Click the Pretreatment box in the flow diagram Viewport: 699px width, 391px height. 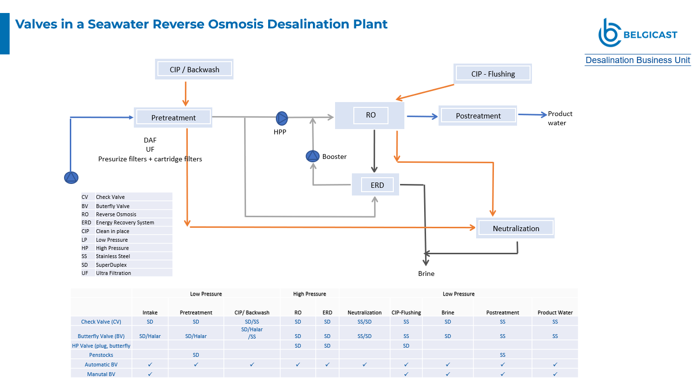(x=173, y=117)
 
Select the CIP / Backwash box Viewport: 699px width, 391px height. (x=194, y=69)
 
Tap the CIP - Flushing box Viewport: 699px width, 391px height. (x=493, y=74)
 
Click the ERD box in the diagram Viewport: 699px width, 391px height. (x=375, y=185)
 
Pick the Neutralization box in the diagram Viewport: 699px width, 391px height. (x=515, y=228)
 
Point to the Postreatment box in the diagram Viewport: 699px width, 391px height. (x=478, y=116)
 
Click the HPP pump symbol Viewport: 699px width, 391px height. (x=282, y=118)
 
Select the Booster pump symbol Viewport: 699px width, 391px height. (x=312, y=156)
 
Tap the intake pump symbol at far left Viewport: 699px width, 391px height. (x=71, y=178)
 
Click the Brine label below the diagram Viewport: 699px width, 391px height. (x=426, y=274)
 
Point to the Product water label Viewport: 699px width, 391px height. (x=560, y=118)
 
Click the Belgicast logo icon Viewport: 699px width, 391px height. (x=609, y=33)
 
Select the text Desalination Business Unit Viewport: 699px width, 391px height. (x=637, y=60)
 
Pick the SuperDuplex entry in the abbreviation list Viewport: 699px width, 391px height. (x=111, y=265)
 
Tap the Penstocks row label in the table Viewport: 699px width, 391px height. (x=101, y=355)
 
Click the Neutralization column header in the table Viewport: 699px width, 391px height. (x=364, y=313)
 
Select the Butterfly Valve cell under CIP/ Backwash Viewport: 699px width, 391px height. (x=252, y=333)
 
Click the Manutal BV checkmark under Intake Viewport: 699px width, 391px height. (x=150, y=374)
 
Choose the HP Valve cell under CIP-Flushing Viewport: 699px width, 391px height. (x=406, y=345)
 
